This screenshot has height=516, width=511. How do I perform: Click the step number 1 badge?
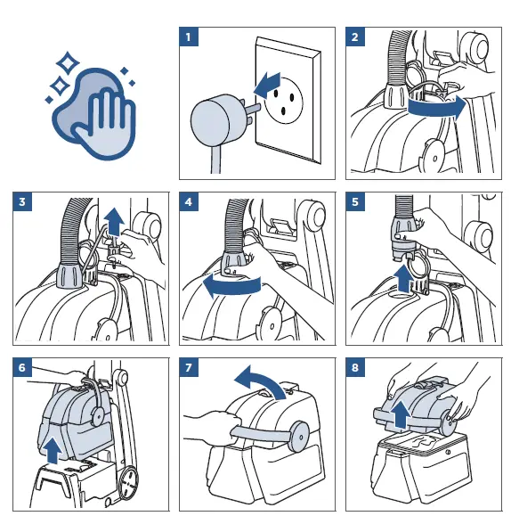click(189, 37)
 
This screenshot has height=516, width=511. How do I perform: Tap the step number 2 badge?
click(355, 37)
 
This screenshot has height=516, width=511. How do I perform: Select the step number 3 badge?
click(22, 201)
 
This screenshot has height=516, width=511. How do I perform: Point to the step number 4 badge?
click(189, 201)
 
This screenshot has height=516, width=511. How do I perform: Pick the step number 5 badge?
click(355, 201)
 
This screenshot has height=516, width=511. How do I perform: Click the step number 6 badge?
click(22, 367)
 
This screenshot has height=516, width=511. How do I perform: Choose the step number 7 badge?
click(189, 367)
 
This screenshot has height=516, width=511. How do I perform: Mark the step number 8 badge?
click(355, 367)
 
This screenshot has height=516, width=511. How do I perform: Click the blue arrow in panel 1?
click(267, 86)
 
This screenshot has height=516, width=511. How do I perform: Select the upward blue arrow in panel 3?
click(115, 222)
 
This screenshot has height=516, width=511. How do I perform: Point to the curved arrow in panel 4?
click(231, 286)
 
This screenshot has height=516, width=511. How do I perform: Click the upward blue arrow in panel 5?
click(404, 279)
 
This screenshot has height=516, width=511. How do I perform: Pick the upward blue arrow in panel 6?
click(53, 450)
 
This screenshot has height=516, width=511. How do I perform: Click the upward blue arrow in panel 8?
click(400, 414)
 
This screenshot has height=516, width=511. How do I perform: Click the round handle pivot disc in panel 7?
click(299, 437)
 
